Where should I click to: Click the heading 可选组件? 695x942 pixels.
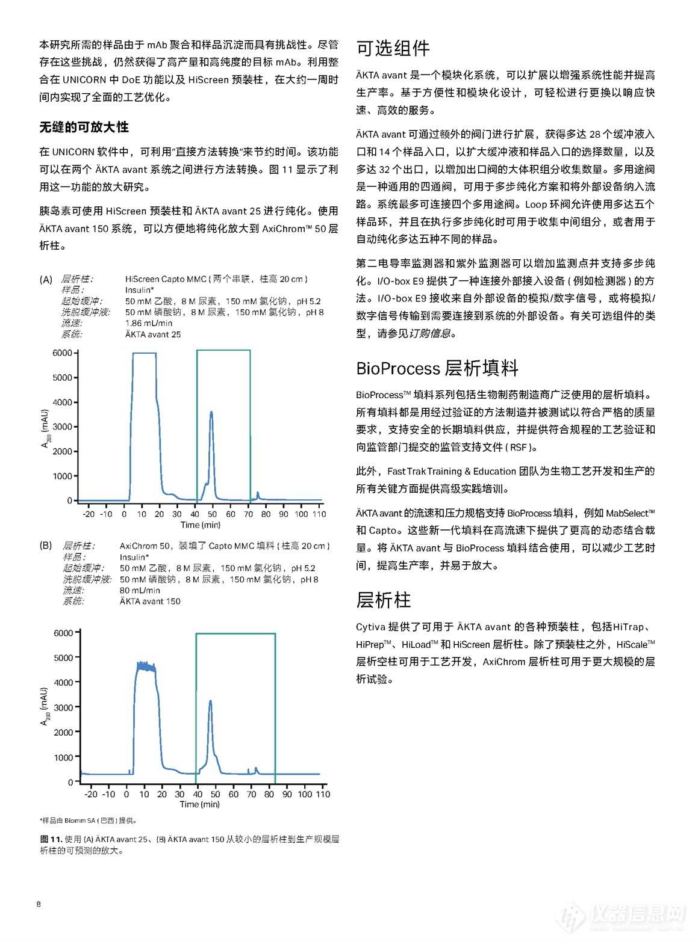pyautogui.click(x=393, y=48)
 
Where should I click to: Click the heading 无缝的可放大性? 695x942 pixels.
pyautogui.click(x=84, y=127)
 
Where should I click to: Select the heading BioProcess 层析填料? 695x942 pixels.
pyautogui.click(x=437, y=368)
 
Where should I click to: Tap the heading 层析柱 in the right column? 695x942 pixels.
pyautogui.click(x=383, y=600)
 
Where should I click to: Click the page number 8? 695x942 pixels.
pyautogui.click(x=39, y=904)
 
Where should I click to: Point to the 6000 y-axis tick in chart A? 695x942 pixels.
pyautogui.click(x=62, y=353)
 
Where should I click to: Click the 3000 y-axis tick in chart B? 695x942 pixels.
pyautogui.click(x=63, y=707)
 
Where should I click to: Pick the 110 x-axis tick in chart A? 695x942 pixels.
pyautogui.click(x=319, y=514)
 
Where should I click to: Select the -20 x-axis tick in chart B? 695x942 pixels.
pyautogui.click(x=91, y=794)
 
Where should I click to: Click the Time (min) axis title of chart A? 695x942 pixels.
pyautogui.click(x=201, y=525)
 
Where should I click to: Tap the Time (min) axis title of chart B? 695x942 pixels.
pyautogui.click(x=199, y=804)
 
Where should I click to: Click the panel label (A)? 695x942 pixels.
pyautogui.click(x=46, y=279)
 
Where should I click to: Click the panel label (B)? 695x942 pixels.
pyautogui.click(x=46, y=546)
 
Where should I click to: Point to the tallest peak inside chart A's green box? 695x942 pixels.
pyautogui.click(x=211, y=413)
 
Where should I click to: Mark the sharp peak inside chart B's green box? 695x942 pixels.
pyautogui.click(x=210, y=702)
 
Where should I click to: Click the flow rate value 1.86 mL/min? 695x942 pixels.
pyautogui.click(x=148, y=323)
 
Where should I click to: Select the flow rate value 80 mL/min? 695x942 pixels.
pyautogui.click(x=140, y=590)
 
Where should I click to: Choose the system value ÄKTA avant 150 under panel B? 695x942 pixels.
pyautogui.click(x=149, y=601)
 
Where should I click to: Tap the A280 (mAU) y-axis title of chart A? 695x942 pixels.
pyautogui.click(x=45, y=428)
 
